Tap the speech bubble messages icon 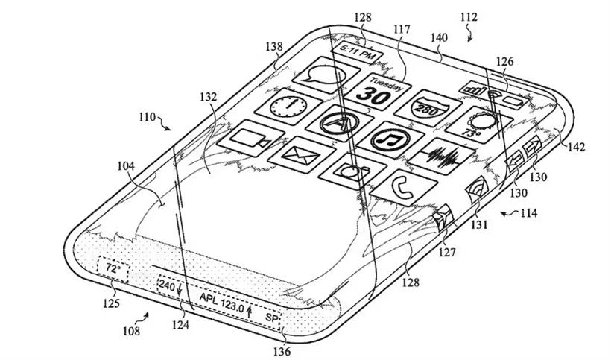click(326, 75)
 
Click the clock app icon click(288, 107)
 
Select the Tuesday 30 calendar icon click(378, 92)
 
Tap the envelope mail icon click(301, 155)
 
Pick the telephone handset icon click(403, 188)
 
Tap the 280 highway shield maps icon click(428, 108)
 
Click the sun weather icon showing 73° click(479, 124)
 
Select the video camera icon click(250, 139)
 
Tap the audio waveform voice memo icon click(442, 157)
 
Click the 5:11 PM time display click(358, 53)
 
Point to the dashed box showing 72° click(113, 269)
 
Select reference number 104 click(126, 166)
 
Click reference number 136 click(282, 352)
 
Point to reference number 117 click(402, 29)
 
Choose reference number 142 click(576, 148)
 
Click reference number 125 click(111, 303)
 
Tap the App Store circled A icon click(339, 123)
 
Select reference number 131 click(479, 225)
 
